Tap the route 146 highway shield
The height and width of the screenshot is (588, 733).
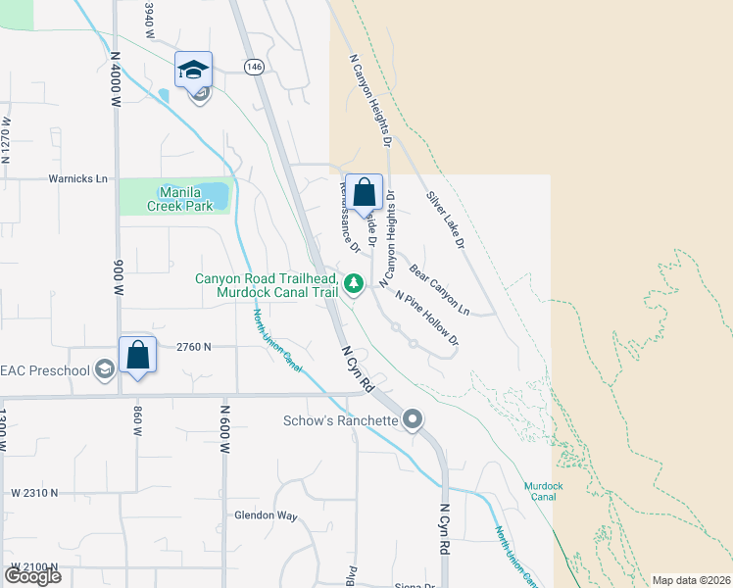[x=254, y=67]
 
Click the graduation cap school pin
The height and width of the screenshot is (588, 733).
[x=193, y=70]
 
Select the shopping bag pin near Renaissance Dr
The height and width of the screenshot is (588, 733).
[x=364, y=192]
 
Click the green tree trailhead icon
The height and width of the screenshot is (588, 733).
[x=354, y=284]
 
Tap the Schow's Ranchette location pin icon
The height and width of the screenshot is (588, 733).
[x=413, y=420]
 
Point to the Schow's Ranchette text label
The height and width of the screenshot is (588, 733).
[x=340, y=420]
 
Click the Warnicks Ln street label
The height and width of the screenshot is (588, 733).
[x=77, y=179]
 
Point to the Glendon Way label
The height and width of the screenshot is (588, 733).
[x=265, y=514]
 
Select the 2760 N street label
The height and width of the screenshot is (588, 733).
[x=194, y=347]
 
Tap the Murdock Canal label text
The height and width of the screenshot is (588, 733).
[x=542, y=490]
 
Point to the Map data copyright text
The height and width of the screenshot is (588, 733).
[x=690, y=580]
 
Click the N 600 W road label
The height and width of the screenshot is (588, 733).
[x=224, y=427]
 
